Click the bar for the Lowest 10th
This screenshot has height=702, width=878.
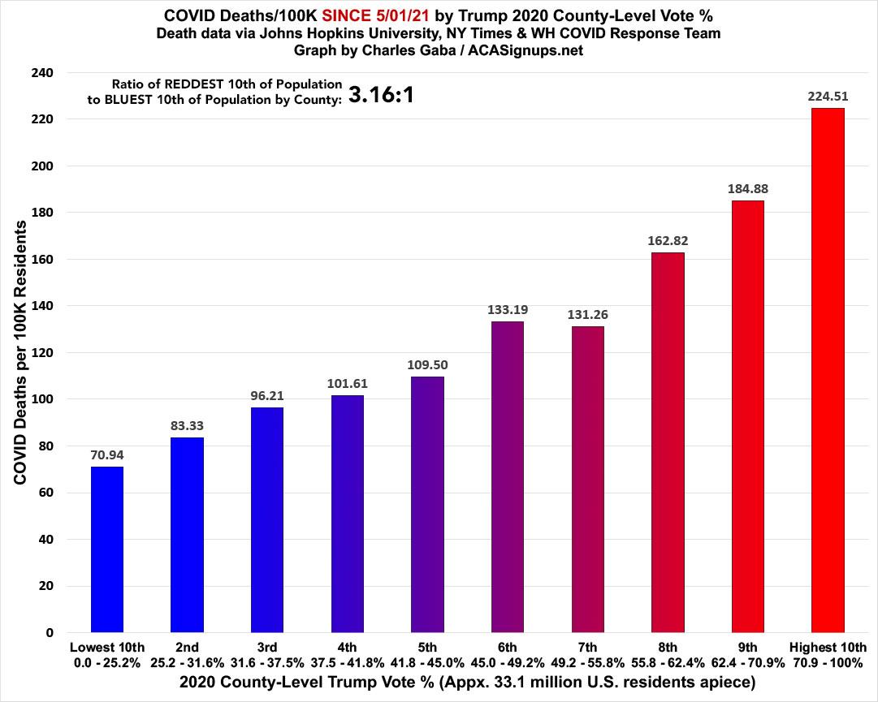pyautogui.click(x=107, y=549)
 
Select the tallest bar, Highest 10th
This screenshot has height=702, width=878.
pyautogui.click(x=828, y=370)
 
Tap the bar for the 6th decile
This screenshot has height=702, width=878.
pyautogui.click(x=508, y=476)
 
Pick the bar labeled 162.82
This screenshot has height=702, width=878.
pyautogui.click(x=668, y=442)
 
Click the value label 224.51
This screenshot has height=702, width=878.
pyautogui.click(x=828, y=96)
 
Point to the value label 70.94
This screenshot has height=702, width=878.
pyautogui.click(x=107, y=454)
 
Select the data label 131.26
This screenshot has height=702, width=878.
pyautogui.click(x=587, y=314)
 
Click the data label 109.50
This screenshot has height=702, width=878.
pyautogui.click(x=427, y=364)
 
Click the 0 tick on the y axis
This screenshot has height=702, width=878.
pyautogui.click(x=50, y=633)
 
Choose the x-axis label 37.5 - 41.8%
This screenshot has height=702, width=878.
pyautogui.click(x=348, y=662)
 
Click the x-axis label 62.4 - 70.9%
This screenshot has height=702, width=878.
pyautogui.click(x=748, y=662)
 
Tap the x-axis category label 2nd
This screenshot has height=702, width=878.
pyautogui.click(x=188, y=648)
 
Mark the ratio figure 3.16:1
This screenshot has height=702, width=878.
pyautogui.click(x=382, y=96)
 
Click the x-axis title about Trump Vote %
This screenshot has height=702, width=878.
pyautogui.click(x=439, y=683)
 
